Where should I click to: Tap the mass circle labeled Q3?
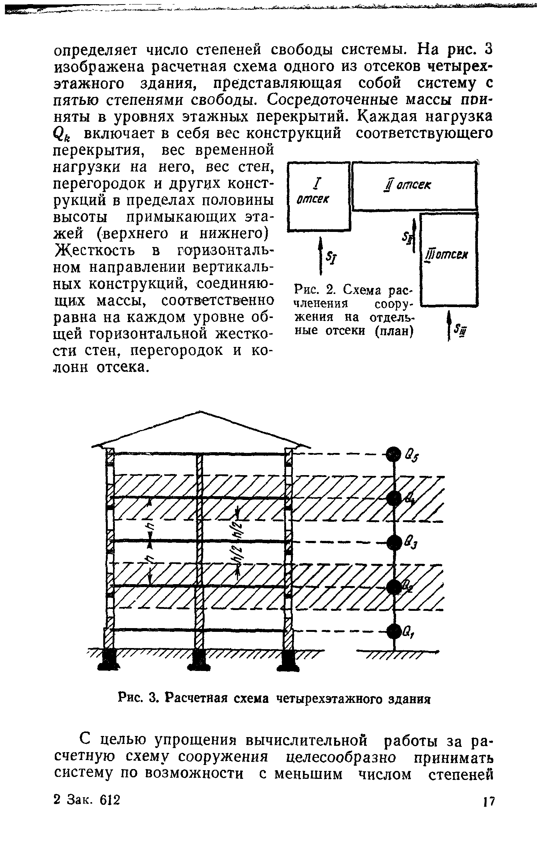tap(394, 542)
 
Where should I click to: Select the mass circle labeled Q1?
tap(394, 631)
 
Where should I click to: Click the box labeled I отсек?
tap(319, 196)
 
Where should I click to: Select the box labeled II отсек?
tap(414, 186)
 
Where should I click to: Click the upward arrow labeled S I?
tap(320, 256)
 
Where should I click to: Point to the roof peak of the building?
tap(202, 412)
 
